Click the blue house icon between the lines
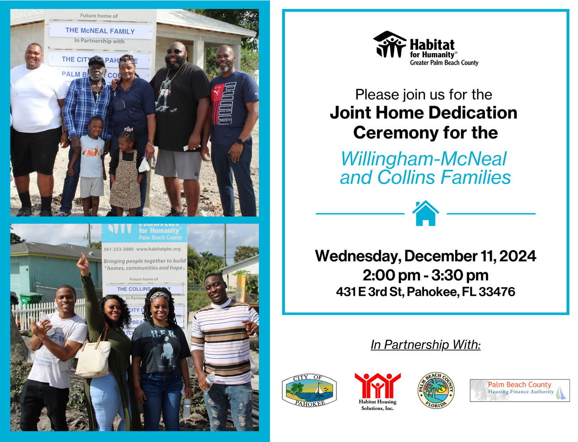point(425,214)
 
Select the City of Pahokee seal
point(309,391)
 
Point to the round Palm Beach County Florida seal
point(436,391)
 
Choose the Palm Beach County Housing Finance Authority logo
point(520,391)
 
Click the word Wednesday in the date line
point(357,256)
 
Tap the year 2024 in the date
point(517,256)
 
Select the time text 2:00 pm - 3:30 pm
point(425,275)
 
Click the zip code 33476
point(497,292)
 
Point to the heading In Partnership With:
point(425,344)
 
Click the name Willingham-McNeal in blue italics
point(424,159)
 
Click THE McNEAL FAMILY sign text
point(100,31)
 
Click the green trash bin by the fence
point(31,299)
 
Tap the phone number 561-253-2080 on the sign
point(118,249)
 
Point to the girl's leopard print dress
point(125,185)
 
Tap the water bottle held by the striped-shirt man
point(210,378)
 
